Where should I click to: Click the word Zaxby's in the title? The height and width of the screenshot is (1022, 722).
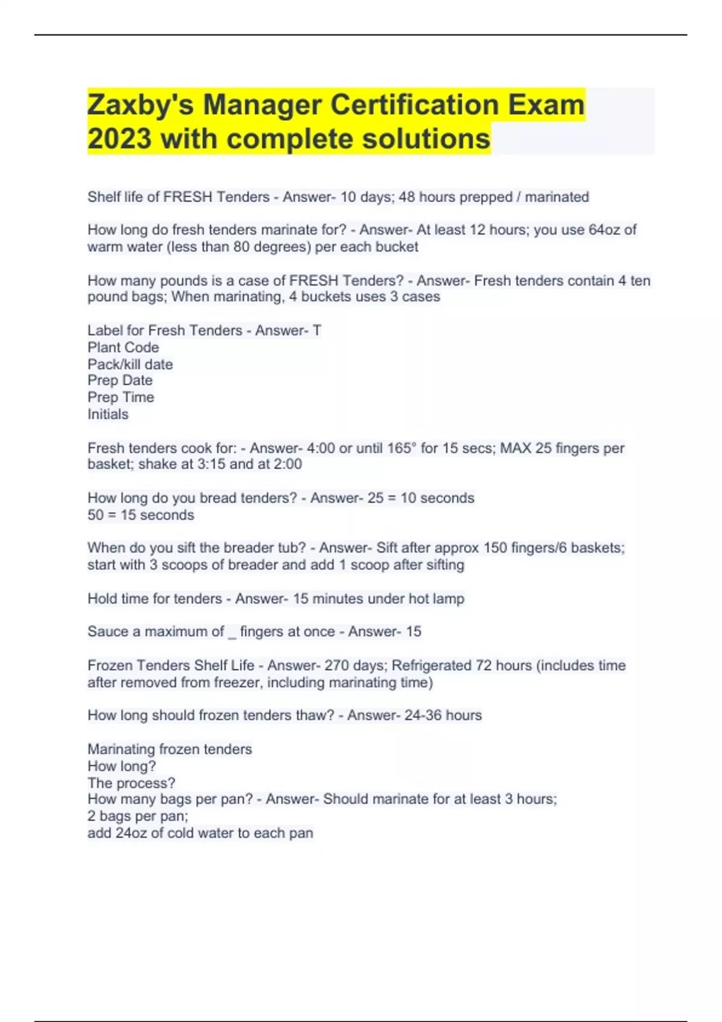pyautogui.click(x=141, y=105)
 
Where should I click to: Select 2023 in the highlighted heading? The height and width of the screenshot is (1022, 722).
pyautogui.click(x=119, y=139)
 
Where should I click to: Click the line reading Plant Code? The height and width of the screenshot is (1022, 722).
pyautogui.click(x=123, y=347)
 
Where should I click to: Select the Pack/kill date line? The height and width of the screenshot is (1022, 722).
pyautogui.click(x=130, y=364)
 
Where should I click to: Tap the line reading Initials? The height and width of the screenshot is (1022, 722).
pyautogui.click(x=108, y=414)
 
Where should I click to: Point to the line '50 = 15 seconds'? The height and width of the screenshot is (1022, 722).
pyautogui.click(x=141, y=515)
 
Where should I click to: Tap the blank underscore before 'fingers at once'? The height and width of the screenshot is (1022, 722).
pyautogui.click(x=232, y=632)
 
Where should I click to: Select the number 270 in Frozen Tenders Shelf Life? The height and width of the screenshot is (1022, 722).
pyautogui.click(x=337, y=666)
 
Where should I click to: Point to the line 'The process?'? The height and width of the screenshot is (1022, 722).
pyautogui.click(x=131, y=783)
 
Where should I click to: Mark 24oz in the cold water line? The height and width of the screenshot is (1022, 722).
pyautogui.click(x=131, y=833)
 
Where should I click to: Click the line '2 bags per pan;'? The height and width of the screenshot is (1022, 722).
pyautogui.click(x=138, y=816)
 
